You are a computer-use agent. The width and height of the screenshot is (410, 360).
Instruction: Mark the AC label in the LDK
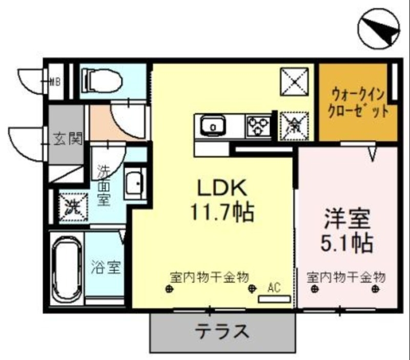click(273, 288)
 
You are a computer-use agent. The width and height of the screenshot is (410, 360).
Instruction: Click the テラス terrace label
click(222, 332)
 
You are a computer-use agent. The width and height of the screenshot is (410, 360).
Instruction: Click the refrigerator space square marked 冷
click(294, 125)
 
